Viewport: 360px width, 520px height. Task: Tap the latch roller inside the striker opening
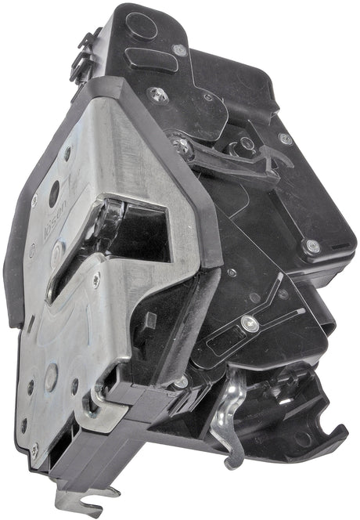click(112, 211)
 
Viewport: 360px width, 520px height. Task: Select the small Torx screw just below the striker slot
click(95, 280)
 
